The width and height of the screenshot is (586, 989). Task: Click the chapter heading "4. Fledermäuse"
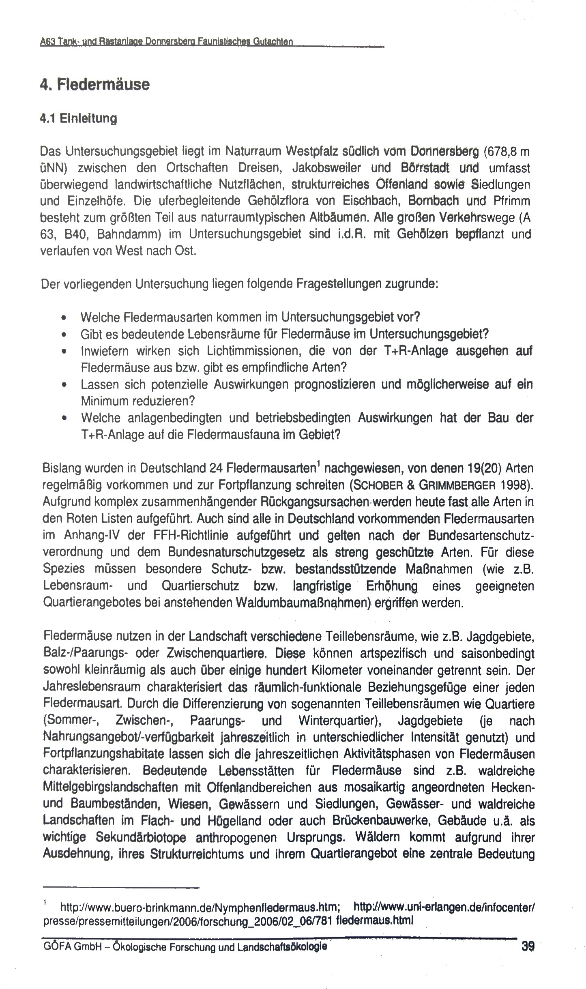click(95, 85)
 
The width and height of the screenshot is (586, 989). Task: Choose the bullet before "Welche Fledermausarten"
click(63, 317)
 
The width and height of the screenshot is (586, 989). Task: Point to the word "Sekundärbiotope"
click(141, 838)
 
